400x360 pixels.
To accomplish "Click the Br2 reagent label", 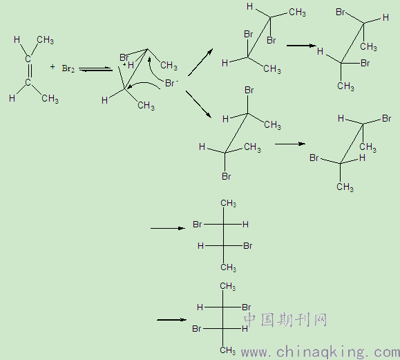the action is pyautogui.click(x=68, y=68).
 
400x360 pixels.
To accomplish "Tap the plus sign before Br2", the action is pyautogui.click(x=53, y=67).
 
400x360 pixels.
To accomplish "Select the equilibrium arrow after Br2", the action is pyautogui.click(x=95, y=69).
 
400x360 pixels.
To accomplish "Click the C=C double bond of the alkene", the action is pyautogui.click(x=29, y=70).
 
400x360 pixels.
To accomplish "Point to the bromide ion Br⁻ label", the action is pyautogui.click(x=171, y=83).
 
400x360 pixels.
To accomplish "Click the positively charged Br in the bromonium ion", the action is pyautogui.click(x=124, y=57).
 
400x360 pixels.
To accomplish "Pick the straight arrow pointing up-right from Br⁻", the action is pyautogui.click(x=200, y=62).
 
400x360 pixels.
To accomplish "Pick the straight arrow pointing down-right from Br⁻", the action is pyautogui.click(x=199, y=104).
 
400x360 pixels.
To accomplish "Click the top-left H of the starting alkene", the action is pyautogui.click(x=17, y=39).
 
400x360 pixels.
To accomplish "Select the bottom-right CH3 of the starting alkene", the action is pyautogui.click(x=50, y=99).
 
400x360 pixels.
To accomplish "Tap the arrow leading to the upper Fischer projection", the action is pyautogui.click(x=168, y=228).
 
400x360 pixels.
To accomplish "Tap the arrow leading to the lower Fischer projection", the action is pyautogui.click(x=172, y=320).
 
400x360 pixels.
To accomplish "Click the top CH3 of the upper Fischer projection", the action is pyautogui.click(x=228, y=204).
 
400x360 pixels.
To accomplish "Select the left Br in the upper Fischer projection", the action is pyautogui.click(x=198, y=225).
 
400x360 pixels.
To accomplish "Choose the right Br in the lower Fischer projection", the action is pyautogui.click(x=247, y=307).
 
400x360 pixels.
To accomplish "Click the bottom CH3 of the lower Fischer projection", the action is pyautogui.click(x=228, y=350).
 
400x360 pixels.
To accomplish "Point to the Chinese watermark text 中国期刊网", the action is pyautogui.click(x=285, y=320).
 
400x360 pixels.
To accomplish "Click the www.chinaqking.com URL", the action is pyautogui.click(x=321, y=352).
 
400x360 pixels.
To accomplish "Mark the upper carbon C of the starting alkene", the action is pyautogui.click(x=28, y=59).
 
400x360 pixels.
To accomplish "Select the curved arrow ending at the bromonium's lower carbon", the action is pyautogui.click(x=144, y=84).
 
